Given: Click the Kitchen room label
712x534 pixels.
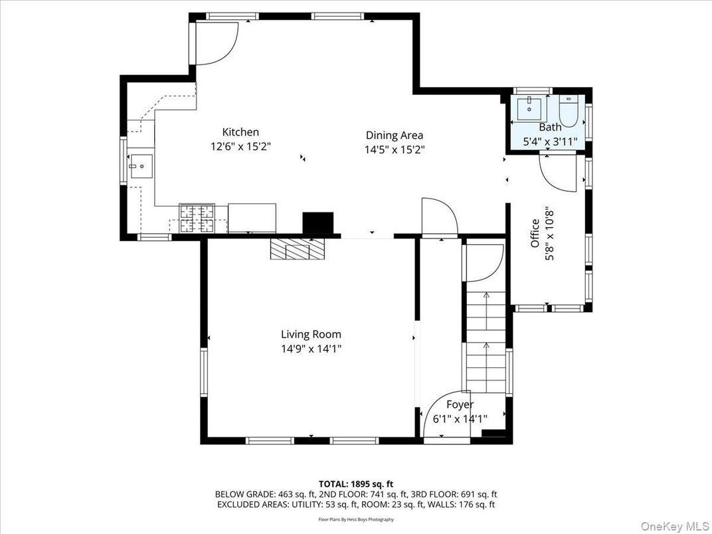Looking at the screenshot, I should click(240, 132).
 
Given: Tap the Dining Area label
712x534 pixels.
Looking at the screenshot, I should click(395, 135).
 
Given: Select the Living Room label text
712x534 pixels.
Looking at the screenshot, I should click(311, 334).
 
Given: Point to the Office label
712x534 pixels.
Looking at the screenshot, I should click(535, 234).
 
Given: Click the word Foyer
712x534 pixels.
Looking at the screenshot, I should click(460, 404).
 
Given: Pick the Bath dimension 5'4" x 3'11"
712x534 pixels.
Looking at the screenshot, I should click(550, 141).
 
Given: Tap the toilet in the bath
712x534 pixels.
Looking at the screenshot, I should click(569, 108).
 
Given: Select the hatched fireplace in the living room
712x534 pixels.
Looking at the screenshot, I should click(298, 250).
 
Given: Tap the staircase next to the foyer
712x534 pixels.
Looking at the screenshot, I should click(486, 339).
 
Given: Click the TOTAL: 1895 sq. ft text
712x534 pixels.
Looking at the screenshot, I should click(356, 484).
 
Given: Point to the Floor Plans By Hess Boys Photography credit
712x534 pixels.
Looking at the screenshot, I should click(356, 519).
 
